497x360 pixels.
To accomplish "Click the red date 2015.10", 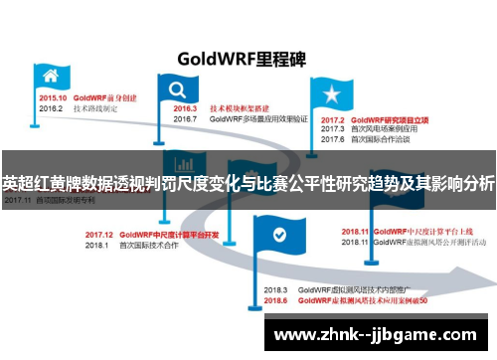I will (x=53, y=98).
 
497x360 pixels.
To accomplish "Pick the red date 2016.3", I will (x=184, y=108).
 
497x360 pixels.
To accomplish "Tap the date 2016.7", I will (x=184, y=118).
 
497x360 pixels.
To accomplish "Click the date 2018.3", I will (x=275, y=289).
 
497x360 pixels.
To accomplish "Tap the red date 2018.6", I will (x=275, y=299).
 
